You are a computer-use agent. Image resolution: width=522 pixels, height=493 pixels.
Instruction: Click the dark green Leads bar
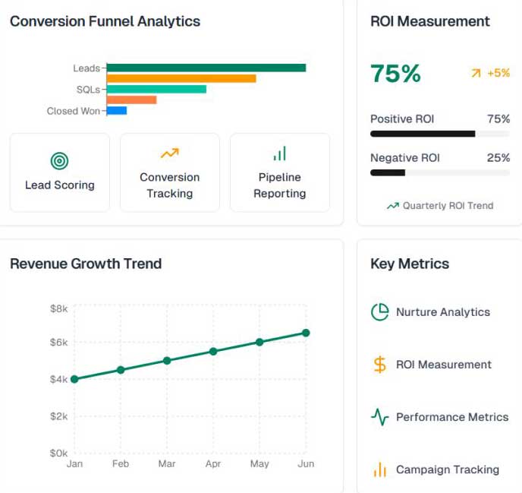(x=206, y=68)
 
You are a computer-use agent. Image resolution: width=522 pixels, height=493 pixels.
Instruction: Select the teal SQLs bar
(x=156, y=90)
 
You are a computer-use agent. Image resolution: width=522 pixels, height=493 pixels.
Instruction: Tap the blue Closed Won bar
(x=117, y=111)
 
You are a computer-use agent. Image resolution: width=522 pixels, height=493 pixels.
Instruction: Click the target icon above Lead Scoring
(x=60, y=161)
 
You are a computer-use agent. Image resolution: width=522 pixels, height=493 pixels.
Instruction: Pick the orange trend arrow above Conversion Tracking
(x=170, y=153)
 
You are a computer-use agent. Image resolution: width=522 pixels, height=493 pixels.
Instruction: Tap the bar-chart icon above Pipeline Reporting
(x=280, y=153)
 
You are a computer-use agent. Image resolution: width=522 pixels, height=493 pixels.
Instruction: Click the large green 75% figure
(x=395, y=74)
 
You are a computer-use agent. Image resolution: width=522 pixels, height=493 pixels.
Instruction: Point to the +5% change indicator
(x=491, y=73)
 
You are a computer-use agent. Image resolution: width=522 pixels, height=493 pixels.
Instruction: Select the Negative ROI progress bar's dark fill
(x=388, y=172)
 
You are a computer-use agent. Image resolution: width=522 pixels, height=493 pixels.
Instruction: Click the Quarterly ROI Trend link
(x=440, y=206)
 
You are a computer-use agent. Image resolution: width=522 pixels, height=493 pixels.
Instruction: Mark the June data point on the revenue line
(x=306, y=333)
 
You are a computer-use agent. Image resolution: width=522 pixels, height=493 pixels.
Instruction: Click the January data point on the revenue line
(x=74, y=379)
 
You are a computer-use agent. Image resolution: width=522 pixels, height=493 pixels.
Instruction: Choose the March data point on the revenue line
(x=167, y=361)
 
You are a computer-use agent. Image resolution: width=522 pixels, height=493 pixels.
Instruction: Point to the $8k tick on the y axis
(x=59, y=308)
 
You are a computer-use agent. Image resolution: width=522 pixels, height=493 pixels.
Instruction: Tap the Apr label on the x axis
(x=213, y=463)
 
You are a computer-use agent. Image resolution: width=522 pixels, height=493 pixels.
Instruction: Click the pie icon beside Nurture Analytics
(x=379, y=312)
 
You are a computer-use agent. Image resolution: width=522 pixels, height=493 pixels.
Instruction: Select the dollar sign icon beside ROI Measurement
(x=379, y=365)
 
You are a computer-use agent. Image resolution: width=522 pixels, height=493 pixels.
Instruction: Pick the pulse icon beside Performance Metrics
(x=379, y=417)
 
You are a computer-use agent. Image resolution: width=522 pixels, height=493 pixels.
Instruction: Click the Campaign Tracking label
(x=448, y=469)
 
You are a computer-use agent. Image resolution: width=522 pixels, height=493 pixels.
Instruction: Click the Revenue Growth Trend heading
(x=86, y=264)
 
